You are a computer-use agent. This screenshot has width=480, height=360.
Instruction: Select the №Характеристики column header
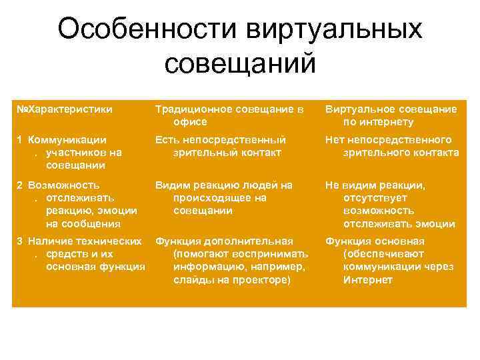[x=65, y=108]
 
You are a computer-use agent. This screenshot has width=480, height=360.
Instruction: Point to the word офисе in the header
[x=189, y=122]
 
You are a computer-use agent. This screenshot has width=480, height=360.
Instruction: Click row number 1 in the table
[x=20, y=139]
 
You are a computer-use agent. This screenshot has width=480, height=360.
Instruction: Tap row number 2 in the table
[x=20, y=184]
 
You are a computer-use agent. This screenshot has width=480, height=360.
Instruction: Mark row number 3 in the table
[x=20, y=241]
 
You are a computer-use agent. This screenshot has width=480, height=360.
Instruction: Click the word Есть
[x=166, y=139]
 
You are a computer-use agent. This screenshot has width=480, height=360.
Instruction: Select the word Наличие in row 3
[x=47, y=241]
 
